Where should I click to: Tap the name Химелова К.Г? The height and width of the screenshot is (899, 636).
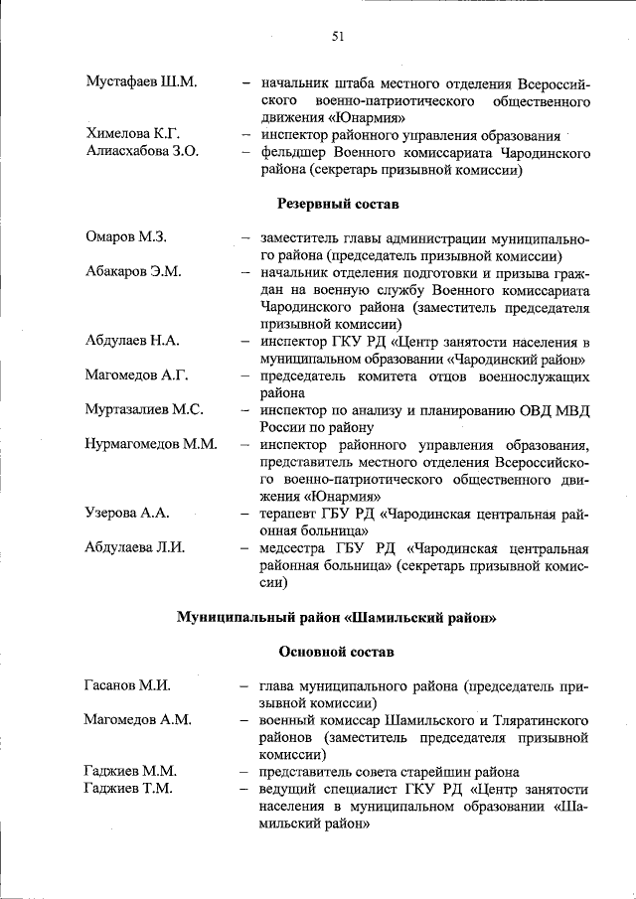coord(133,135)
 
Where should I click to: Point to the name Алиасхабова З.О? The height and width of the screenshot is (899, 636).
coord(143,153)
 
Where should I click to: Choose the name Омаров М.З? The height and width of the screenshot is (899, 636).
coord(125,237)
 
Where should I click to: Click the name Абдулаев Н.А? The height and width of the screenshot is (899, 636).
coord(132,341)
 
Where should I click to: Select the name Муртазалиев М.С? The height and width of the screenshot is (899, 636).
coord(145,410)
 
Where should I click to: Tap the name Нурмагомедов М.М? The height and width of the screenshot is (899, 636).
coord(151,444)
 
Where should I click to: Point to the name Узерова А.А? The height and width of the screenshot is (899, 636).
coord(128,513)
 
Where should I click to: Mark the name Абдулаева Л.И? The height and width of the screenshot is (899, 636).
coord(136,547)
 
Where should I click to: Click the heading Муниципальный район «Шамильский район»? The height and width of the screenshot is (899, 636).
coord(336,617)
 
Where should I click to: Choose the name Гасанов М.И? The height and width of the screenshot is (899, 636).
coord(128,685)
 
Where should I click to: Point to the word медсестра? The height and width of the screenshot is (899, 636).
coord(294,547)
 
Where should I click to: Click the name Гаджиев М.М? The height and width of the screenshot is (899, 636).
coord(130,772)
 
